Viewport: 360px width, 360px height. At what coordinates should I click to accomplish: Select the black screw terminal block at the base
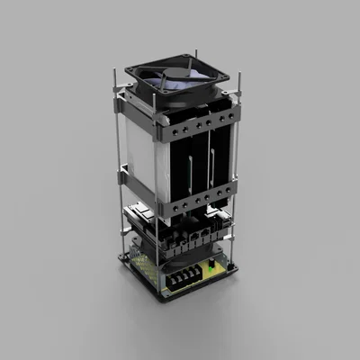tap(184, 278)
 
